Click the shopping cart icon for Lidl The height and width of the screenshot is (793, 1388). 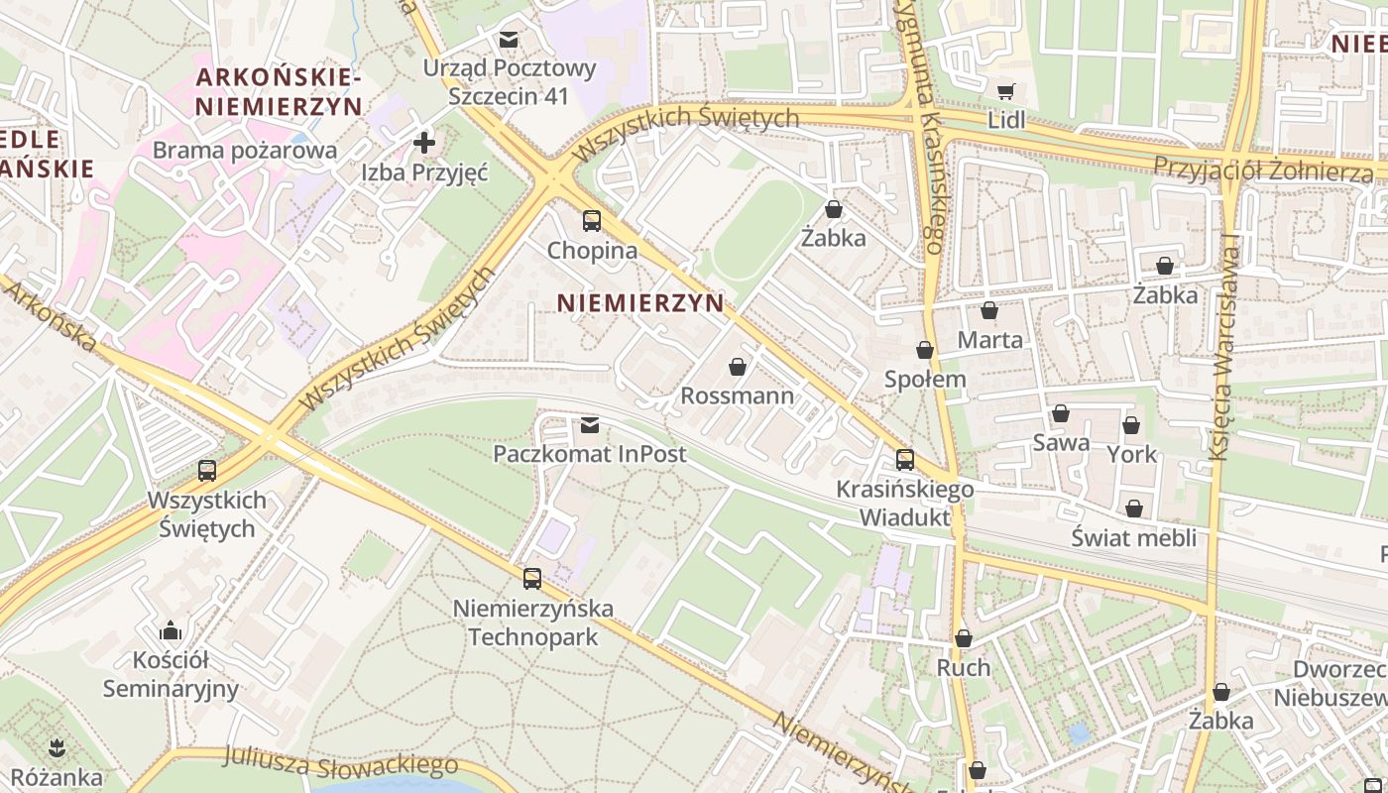click(x=1005, y=92)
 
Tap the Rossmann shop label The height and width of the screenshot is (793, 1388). click(x=737, y=396)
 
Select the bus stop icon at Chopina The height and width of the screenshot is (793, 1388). click(x=592, y=221)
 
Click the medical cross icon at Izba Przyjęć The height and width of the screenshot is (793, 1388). click(x=424, y=143)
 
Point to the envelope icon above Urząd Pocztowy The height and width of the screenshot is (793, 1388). click(x=509, y=40)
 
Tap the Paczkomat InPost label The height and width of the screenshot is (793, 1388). click(x=590, y=454)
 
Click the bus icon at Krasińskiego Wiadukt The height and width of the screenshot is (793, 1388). click(x=904, y=460)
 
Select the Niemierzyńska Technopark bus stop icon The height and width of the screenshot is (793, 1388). click(x=532, y=579)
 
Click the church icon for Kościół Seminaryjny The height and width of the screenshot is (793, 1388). click(x=171, y=630)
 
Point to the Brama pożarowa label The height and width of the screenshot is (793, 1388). click(x=245, y=151)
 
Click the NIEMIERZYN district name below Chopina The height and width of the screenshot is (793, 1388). click(x=641, y=303)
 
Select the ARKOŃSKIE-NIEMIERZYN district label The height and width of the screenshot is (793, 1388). click(x=279, y=91)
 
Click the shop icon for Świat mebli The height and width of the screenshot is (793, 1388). click(x=1134, y=509)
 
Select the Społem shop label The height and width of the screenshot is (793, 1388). click(x=924, y=380)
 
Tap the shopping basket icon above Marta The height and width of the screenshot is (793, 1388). click(x=988, y=311)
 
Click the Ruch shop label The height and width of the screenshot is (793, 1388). click(x=963, y=668)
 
